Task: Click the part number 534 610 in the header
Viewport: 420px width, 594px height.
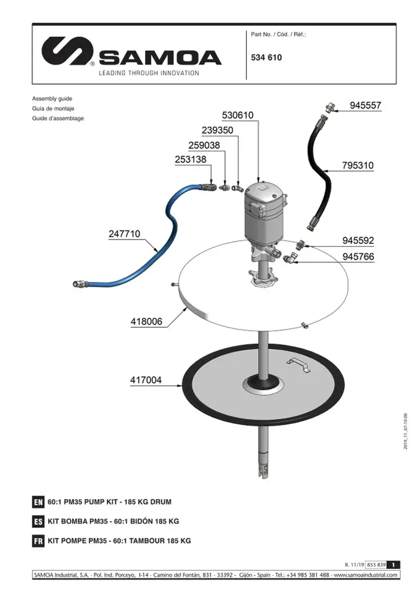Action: [266, 58]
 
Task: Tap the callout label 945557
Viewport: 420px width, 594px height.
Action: [365, 105]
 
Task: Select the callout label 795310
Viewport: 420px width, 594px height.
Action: [357, 166]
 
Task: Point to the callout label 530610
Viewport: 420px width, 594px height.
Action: [238, 115]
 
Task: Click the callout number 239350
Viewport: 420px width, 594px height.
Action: [217, 130]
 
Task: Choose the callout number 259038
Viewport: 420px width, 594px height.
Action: [204, 145]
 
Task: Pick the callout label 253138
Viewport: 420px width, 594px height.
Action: [191, 160]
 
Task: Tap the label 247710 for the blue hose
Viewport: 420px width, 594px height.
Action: [124, 234]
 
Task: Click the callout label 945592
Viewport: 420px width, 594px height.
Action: [358, 241]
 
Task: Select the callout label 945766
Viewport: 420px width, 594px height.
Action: [358, 257]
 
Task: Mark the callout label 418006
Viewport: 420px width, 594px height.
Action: [146, 322]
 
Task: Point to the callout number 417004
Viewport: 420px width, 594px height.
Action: [146, 380]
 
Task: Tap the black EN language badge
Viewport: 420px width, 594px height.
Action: [38, 502]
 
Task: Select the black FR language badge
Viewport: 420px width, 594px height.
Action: [38, 541]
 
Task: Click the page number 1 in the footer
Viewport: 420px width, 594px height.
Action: [393, 565]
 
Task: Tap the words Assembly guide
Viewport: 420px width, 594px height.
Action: [52, 99]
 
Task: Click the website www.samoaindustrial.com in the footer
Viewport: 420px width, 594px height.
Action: [365, 575]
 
